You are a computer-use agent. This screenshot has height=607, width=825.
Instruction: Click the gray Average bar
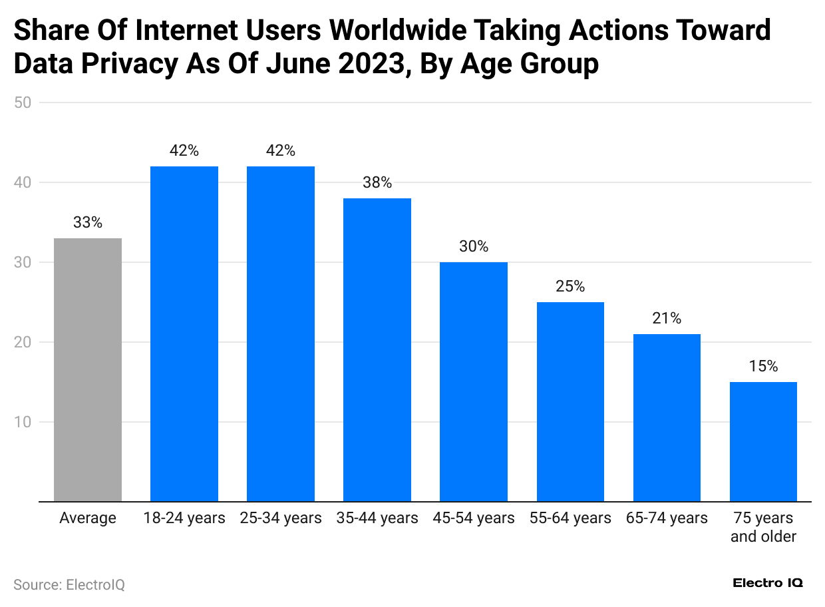click(x=88, y=369)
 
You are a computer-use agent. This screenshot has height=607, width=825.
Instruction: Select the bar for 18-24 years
click(x=184, y=333)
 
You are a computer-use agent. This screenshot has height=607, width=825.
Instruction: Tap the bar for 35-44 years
click(x=377, y=349)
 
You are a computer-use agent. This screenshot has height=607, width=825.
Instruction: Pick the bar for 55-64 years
click(x=570, y=401)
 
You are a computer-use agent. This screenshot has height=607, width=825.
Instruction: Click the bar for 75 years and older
click(x=763, y=441)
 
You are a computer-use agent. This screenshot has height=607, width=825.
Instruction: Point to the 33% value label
click(x=88, y=222)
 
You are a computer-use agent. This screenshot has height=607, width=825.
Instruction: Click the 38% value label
click(x=377, y=182)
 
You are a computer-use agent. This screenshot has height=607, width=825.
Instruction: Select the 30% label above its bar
click(x=474, y=246)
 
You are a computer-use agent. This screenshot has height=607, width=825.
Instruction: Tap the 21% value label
click(x=667, y=318)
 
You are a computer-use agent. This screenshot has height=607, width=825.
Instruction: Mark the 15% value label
click(x=763, y=366)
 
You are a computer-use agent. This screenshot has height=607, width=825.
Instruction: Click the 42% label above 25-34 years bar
click(x=281, y=150)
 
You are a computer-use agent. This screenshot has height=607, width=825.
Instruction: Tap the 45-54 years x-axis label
click(x=474, y=518)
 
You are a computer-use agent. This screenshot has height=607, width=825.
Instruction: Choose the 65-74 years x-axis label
click(x=667, y=518)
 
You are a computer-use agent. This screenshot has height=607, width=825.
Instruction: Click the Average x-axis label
click(x=88, y=518)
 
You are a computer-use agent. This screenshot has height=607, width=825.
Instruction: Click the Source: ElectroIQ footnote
click(x=69, y=584)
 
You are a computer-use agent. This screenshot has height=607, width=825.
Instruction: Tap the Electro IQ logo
click(x=768, y=583)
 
